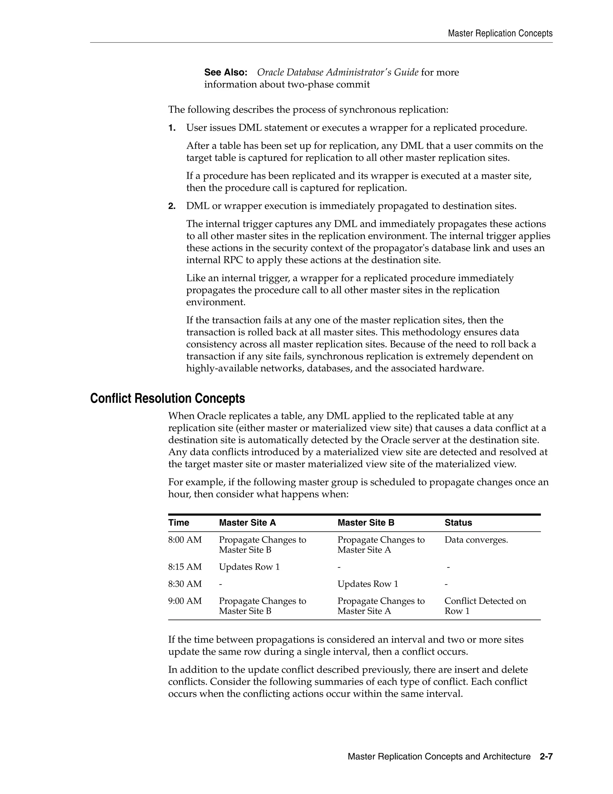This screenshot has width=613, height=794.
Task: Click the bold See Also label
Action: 225,72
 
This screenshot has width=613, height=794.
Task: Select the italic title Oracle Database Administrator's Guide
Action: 337,72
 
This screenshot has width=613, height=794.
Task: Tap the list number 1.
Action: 172,128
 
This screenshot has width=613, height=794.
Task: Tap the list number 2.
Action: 172,206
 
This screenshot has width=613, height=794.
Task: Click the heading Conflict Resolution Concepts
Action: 167,398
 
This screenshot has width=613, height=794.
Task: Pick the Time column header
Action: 178,523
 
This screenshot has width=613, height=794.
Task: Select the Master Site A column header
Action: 247,523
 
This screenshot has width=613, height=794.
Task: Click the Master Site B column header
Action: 366,523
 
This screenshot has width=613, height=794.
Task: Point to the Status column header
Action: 458,523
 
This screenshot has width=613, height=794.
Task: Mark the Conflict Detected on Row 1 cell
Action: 485,606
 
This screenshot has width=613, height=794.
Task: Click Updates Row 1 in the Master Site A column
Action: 249,567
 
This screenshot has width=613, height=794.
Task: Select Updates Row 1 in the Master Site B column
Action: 368,584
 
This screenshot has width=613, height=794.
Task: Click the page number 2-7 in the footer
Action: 546,757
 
